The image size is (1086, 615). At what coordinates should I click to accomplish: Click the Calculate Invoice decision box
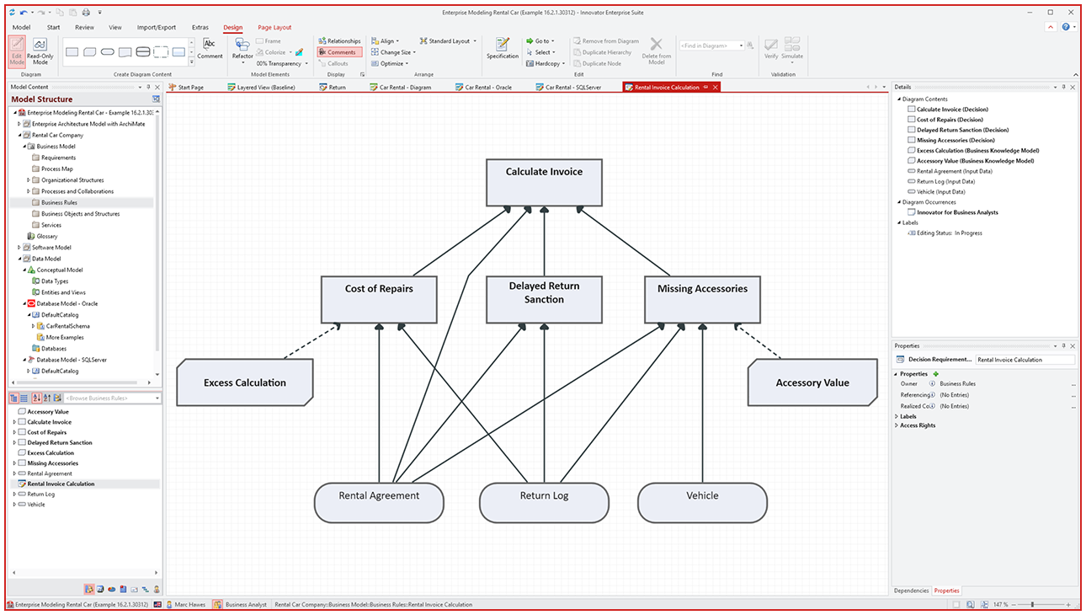[544, 183]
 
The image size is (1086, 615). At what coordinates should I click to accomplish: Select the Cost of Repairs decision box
[379, 299]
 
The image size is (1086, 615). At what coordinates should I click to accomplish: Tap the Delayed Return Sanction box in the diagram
[544, 299]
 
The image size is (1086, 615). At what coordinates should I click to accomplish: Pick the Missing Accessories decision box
[702, 299]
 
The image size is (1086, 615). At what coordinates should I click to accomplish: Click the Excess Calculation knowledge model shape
[245, 382]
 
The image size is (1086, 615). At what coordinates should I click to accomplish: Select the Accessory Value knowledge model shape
[812, 382]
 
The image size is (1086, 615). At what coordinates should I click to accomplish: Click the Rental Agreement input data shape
[379, 503]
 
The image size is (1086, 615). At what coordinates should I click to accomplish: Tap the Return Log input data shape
[544, 503]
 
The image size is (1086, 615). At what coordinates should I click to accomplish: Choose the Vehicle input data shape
[702, 503]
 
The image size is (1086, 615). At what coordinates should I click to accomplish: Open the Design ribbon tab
[233, 28]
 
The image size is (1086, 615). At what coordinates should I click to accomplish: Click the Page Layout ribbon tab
[274, 28]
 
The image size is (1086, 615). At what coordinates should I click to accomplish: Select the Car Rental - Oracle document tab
[487, 87]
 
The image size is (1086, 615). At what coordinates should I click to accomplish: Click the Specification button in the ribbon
[503, 48]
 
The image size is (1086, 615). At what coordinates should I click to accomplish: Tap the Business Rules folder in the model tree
[59, 203]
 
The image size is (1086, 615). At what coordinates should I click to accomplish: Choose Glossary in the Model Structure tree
[47, 237]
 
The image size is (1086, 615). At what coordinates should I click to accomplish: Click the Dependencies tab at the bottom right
[911, 591]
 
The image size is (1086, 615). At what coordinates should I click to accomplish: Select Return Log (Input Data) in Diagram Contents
[945, 181]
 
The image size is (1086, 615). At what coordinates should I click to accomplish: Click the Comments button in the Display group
[340, 52]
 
